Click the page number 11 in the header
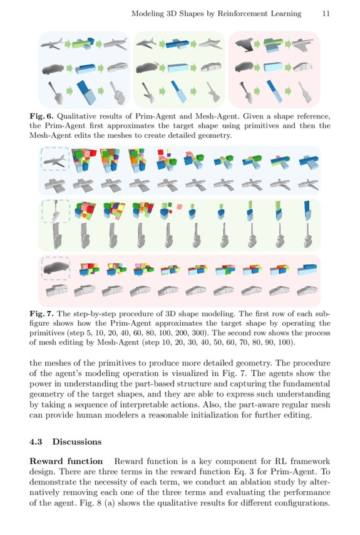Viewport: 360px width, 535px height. [x=326, y=13]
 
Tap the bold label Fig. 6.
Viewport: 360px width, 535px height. [x=41, y=116]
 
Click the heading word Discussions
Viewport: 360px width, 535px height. [x=77, y=442]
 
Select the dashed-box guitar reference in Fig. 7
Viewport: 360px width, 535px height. [x=55, y=212]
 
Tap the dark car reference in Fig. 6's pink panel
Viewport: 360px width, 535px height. [x=244, y=68]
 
